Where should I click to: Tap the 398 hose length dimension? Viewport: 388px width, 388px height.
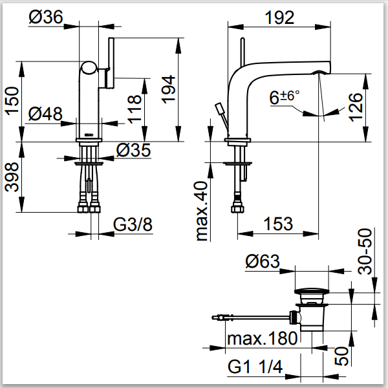pyautogui.click(x=12, y=177)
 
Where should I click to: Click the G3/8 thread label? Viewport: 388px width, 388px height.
pyautogui.click(x=134, y=225)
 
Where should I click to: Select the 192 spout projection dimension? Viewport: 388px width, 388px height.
pyautogui.click(x=279, y=17)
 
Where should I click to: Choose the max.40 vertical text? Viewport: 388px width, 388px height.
pyautogui.click(x=204, y=210)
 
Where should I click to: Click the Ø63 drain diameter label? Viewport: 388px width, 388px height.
pyautogui.click(x=263, y=262)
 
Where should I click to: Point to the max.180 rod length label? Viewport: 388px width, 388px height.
pyautogui.click(x=262, y=338)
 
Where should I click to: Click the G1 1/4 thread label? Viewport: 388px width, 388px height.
pyautogui.click(x=256, y=367)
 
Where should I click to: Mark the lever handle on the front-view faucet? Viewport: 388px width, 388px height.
pyautogui.click(x=110, y=61)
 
